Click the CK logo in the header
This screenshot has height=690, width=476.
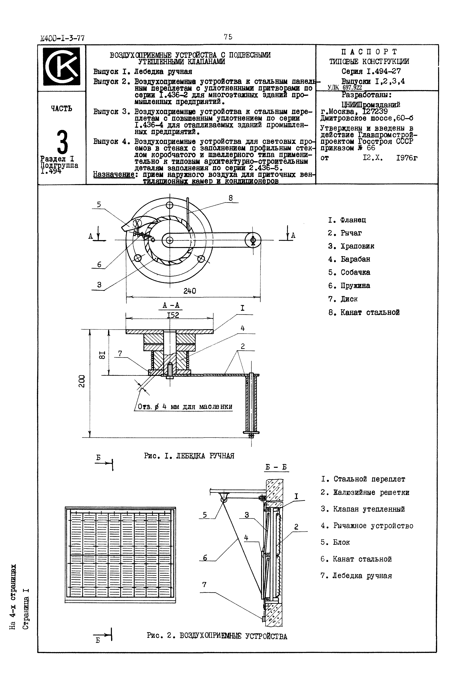(61, 66)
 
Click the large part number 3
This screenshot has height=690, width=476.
(62, 142)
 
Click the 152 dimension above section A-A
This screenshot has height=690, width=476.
(173, 315)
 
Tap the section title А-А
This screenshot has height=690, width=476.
(171, 305)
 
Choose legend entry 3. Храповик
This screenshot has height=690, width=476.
(351, 246)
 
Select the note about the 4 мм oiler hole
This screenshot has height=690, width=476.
(185, 407)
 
